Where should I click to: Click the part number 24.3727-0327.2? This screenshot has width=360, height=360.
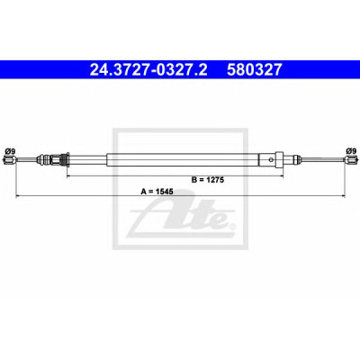pyautogui.click(x=148, y=69)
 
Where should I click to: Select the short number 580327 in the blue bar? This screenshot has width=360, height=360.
pyautogui.click(x=255, y=69)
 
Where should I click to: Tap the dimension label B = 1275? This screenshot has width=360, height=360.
pyautogui.click(x=208, y=180)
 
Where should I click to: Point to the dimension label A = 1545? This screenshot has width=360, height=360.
pyautogui.click(x=157, y=192)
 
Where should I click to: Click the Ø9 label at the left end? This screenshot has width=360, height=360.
pyautogui.click(x=10, y=151)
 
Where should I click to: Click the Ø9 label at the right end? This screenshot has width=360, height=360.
pyautogui.click(x=350, y=150)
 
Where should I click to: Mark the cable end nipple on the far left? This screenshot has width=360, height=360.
pyautogui.click(x=9, y=160)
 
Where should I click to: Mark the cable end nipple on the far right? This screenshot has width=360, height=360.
pyautogui.click(x=351, y=160)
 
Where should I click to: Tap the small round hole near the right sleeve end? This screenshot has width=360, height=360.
pyautogui.click(x=272, y=159)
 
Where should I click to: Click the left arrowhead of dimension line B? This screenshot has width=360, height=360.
pyautogui.click(x=68, y=176)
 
